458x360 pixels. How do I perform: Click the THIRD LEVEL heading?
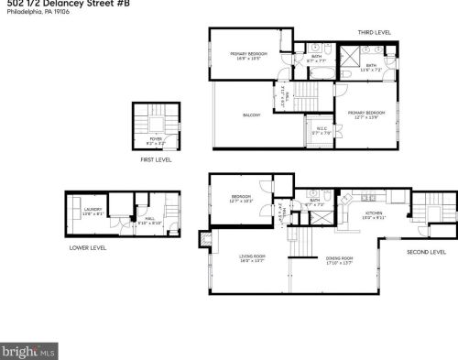(x=374, y=32)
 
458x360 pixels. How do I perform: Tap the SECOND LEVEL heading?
(x=426, y=251)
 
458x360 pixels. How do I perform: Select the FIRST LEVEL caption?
(x=156, y=159)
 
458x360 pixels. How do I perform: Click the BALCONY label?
(x=252, y=115)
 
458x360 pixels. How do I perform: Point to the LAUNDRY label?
(x=93, y=211)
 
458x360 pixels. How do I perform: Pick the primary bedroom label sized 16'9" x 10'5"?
(x=248, y=54)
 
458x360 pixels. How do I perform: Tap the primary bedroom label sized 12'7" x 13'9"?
(x=365, y=113)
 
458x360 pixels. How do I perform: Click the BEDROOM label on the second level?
(x=241, y=197)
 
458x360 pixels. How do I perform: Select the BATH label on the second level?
(x=314, y=202)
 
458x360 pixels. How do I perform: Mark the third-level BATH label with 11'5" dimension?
(x=370, y=66)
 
